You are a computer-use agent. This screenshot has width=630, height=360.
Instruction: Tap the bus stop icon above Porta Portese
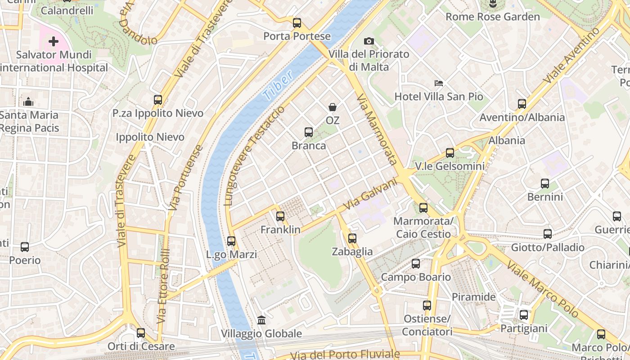pos(297,23)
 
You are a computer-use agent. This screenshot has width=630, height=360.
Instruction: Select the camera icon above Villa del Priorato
pos(369,41)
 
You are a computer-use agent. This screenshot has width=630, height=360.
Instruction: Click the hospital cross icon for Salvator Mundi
pos(54,42)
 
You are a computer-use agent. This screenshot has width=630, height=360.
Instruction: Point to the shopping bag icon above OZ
pos(333,107)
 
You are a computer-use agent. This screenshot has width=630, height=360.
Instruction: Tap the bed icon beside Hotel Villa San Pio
pos(439,83)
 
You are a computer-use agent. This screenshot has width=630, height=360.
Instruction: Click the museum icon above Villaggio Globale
pos(261,320)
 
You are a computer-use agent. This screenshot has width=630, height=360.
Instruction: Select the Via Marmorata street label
pos(377,130)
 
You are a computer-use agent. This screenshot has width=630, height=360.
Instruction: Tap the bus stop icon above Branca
pos(309,132)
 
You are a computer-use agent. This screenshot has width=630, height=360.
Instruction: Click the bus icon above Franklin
pos(280,216)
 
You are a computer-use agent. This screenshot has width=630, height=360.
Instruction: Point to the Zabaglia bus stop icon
pos(352,238)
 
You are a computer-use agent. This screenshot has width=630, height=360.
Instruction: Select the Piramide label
pos(473,297)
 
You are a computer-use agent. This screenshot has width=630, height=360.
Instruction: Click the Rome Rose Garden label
pos(492,17)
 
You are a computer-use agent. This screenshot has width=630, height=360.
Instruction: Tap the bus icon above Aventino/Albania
pos(522,104)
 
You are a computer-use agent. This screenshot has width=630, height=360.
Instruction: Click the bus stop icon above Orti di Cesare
pos(141,333)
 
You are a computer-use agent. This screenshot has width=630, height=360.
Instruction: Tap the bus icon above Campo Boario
pos(416,264)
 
